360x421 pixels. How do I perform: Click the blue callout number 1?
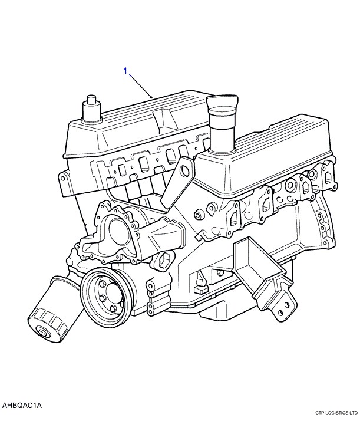click(125, 71)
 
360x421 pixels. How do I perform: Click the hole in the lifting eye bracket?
click(186, 171)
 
